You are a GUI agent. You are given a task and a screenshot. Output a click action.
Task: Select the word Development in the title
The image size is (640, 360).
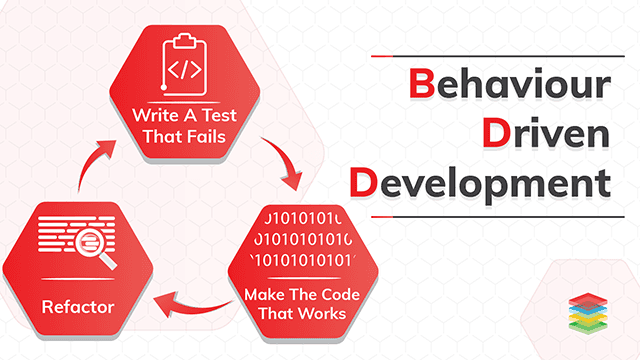point(480,183)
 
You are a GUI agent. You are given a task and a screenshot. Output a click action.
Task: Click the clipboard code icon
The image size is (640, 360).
point(185,62)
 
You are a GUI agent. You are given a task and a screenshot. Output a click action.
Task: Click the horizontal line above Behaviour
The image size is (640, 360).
point(490,57)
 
